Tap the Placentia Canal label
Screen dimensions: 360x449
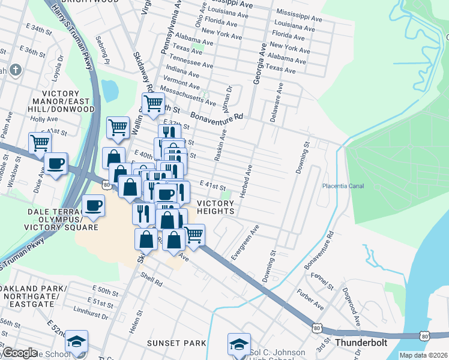click(343, 186)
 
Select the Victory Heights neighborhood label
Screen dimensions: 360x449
click(215, 206)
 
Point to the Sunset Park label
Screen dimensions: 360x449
click(177, 343)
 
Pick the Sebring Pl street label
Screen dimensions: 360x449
click(101, 50)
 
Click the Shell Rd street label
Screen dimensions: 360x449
click(151, 280)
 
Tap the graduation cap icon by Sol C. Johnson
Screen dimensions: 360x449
click(239, 344)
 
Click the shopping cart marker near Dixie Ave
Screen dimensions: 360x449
click(40, 143)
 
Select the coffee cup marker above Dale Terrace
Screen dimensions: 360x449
click(93, 206)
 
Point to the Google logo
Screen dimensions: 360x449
click(20, 353)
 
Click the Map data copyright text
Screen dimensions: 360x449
click(423, 355)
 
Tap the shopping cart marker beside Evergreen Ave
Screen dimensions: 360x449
click(193, 235)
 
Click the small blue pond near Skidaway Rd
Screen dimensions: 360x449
click(110, 90)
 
